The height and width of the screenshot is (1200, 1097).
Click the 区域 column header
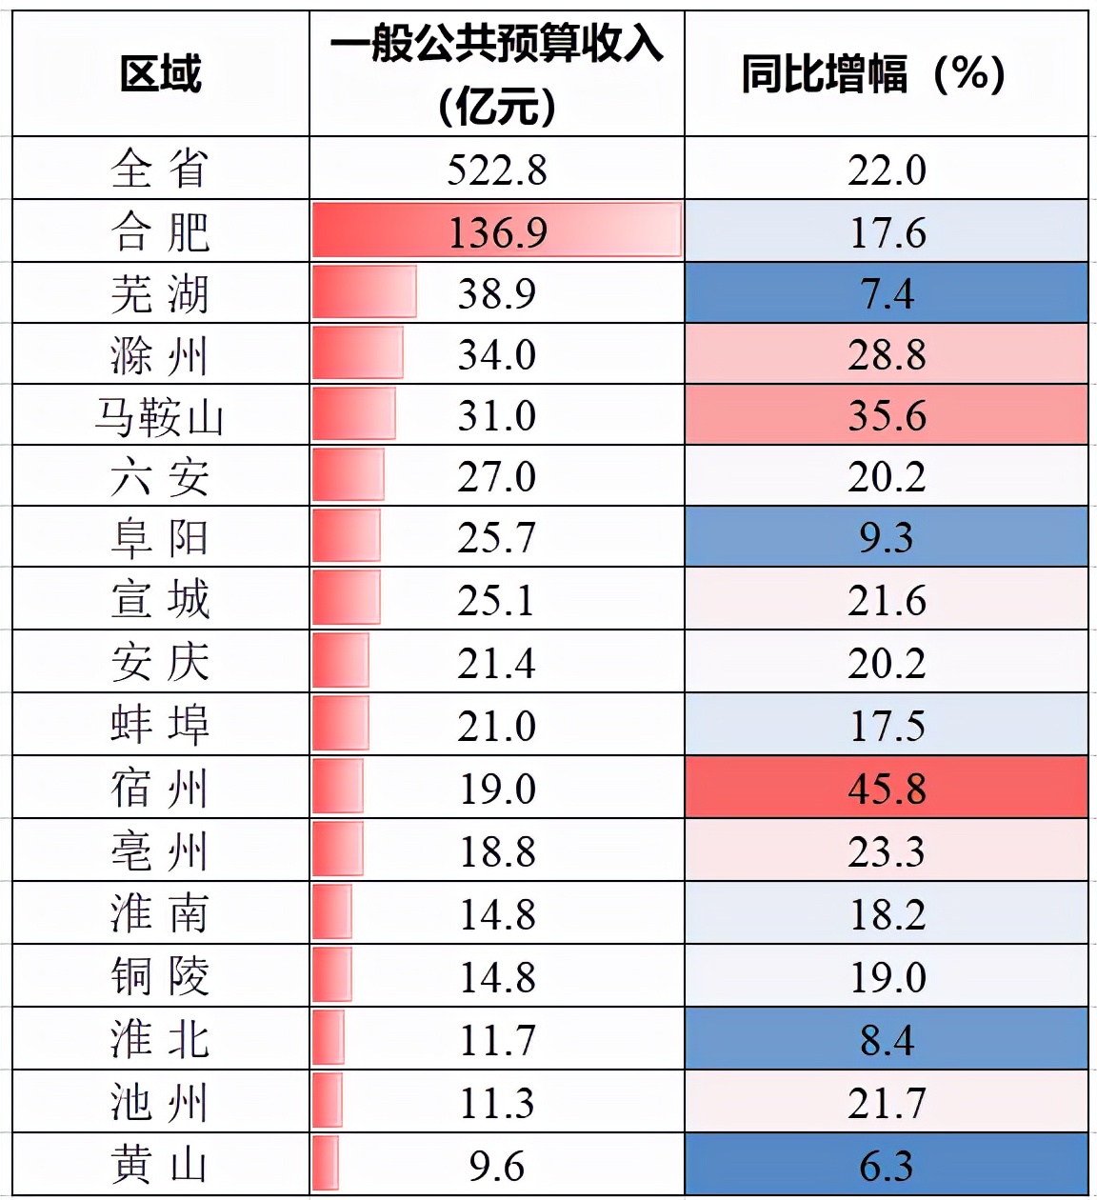click(160, 74)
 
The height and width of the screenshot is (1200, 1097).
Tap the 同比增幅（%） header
click(873, 74)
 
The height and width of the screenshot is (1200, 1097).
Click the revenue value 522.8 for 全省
click(497, 170)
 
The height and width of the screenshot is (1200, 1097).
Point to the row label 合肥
click(160, 232)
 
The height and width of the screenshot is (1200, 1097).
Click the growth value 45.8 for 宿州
click(887, 789)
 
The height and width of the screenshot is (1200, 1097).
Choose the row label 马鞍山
click(160, 416)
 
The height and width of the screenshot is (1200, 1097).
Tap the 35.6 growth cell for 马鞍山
click(887, 416)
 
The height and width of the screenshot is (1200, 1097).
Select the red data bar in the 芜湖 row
click(365, 292)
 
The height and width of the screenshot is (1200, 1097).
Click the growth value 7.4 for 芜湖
click(887, 293)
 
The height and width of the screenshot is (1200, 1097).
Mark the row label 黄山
click(160, 1165)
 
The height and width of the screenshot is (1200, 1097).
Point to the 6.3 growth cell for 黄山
click(887, 1166)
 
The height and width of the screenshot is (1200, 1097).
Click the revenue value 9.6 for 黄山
click(497, 1166)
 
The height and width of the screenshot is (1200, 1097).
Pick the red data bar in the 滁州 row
click(358, 353)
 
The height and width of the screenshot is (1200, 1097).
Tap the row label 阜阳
click(160, 538)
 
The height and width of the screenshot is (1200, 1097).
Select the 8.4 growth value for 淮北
click(887, 1040)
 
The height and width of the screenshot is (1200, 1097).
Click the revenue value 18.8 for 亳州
click(497, 851)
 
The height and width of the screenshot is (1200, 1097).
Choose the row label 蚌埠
click(160, 726)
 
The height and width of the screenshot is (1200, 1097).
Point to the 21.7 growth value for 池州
click(887, 1103)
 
